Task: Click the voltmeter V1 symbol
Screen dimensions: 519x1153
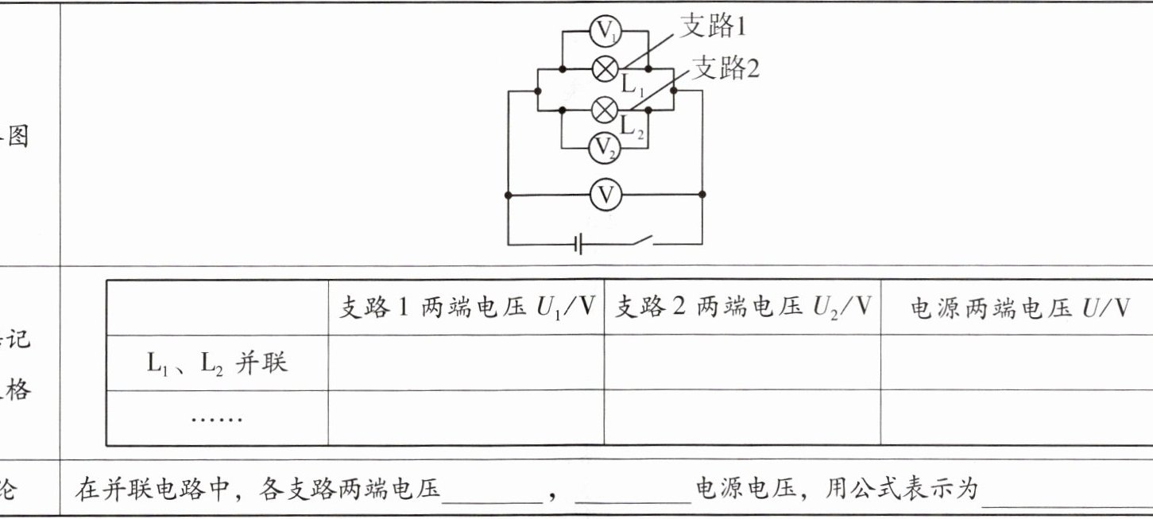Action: coord(606,31)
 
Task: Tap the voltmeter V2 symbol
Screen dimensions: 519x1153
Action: coord(606,146)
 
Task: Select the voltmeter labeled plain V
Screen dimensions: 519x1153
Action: coord(606,194)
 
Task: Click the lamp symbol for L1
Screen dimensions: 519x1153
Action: coord(606,69)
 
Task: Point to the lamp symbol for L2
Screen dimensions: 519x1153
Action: coord(606,109)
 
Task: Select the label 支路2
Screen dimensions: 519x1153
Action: coord(725,69)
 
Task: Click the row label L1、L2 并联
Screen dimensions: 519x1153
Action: coord(217,363)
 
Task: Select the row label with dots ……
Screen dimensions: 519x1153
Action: coord(217,417)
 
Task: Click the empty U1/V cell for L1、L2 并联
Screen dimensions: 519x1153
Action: coord(466,363)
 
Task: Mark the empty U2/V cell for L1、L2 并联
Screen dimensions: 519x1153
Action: coord(742,363)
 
